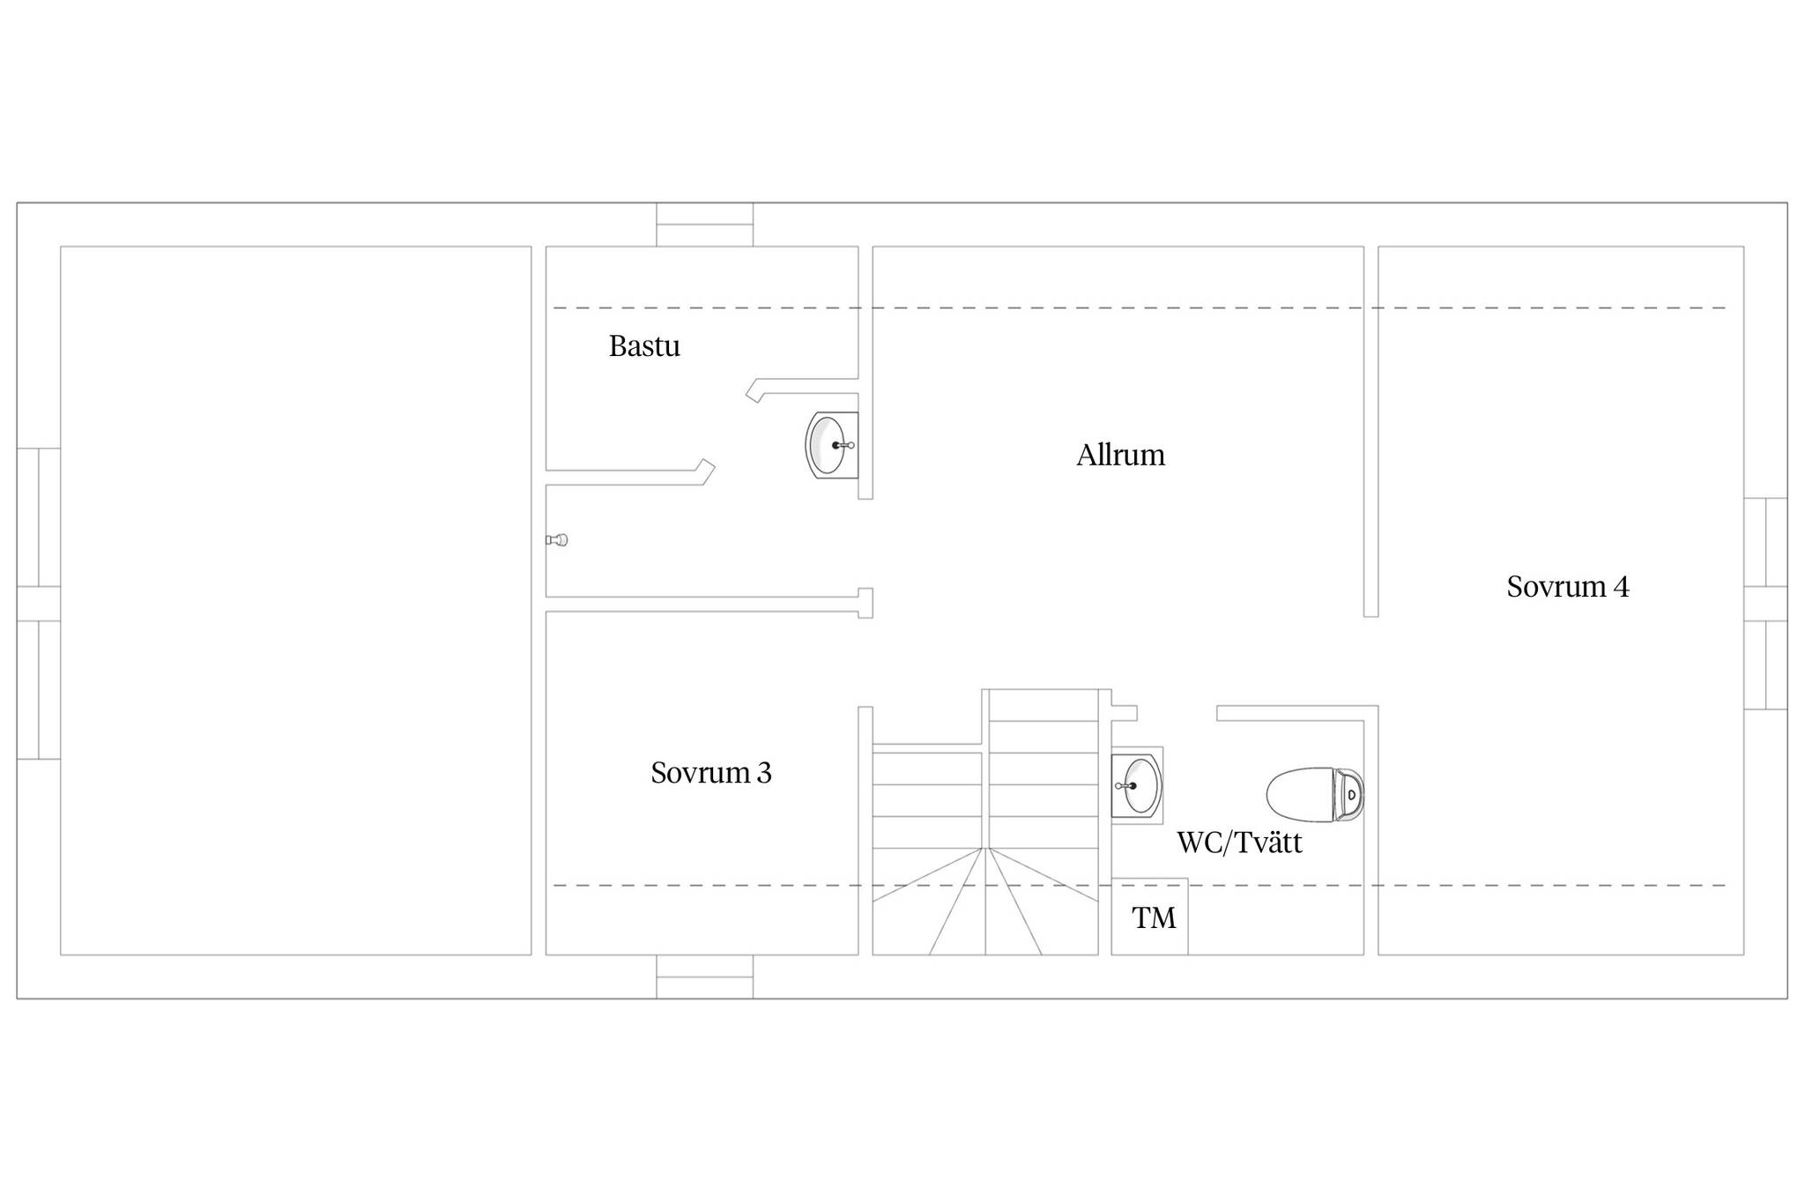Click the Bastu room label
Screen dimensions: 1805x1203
[x=644, y=346]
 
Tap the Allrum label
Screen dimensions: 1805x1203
[x=1120, y=455]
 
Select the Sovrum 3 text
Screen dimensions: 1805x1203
[x=710, y=773]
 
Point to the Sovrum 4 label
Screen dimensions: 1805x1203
[x=1568, y=587]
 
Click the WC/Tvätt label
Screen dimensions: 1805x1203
[x=1239, y=843]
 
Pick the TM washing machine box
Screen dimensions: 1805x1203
[x=1149, y=917]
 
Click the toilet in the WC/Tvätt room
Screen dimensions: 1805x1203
[x=1315, y=794]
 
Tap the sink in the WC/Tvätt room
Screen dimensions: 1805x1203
[x=1137, y=785]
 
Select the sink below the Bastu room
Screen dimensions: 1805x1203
[x=832, y=445]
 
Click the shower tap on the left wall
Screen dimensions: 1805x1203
[x=557, y=539]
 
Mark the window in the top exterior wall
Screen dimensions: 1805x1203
[x=705, y=225]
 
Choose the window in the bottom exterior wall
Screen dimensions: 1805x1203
[x=705, y=977]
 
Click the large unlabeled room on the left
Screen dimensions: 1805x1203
[x=296, y=600]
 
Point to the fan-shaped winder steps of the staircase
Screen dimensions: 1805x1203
[x=985, y=901]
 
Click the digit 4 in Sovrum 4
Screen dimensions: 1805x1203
[x=1621, y=588]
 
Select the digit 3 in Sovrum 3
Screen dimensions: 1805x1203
[x=764, y=774]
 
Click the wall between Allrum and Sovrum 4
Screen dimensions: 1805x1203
[x=1370, y=431]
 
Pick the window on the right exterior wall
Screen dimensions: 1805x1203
[x=1766, y=604]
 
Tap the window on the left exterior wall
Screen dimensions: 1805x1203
[x=39, y=604]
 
